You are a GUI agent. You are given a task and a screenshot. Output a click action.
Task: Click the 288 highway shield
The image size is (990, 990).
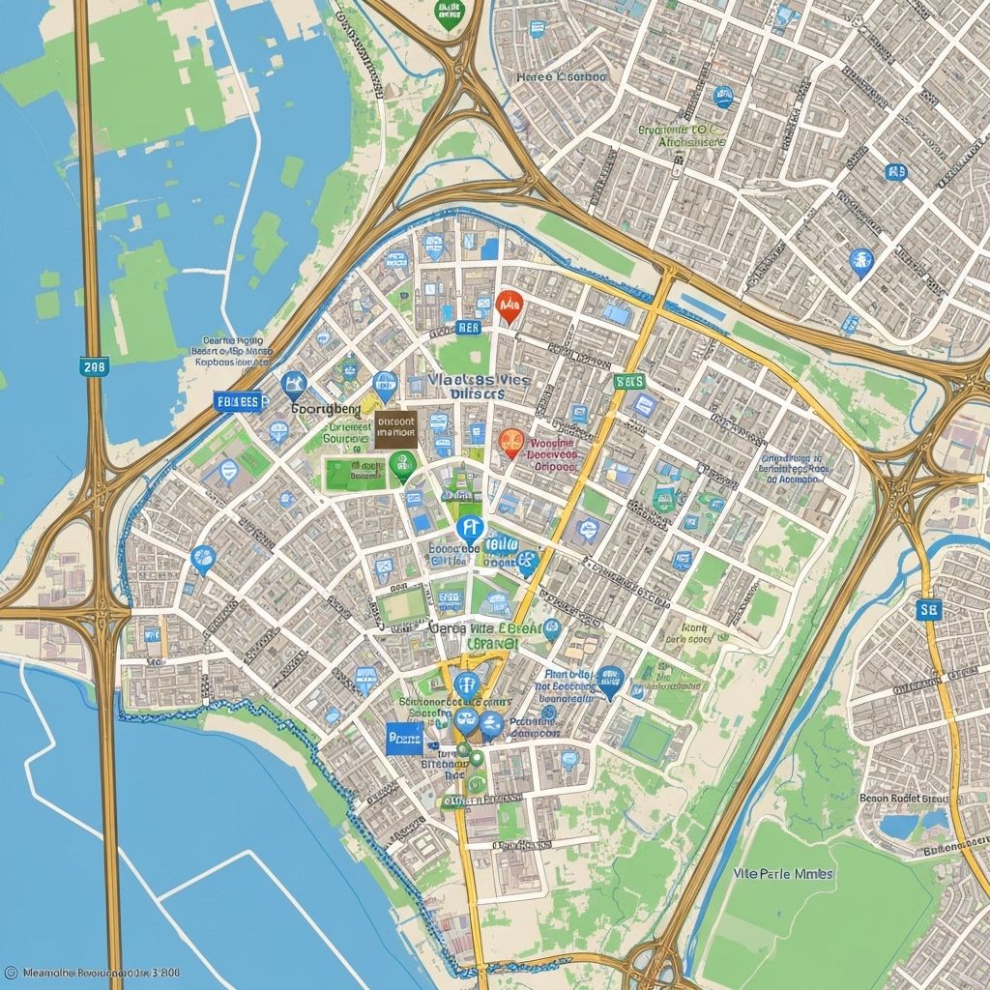pyautogui.click(x=95, y=365)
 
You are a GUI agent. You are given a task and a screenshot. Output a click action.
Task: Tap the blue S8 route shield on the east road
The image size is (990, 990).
pyautogui.click(x=928, y=608)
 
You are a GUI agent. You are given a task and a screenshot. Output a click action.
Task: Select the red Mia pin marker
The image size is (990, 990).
pyautogui.click(x=508, y=306)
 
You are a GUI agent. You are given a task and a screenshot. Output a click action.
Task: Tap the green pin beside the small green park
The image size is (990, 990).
pyautogui.click(x=403, y=466)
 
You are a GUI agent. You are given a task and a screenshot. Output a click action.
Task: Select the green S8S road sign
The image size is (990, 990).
pyautogui.click(x=629, y=382)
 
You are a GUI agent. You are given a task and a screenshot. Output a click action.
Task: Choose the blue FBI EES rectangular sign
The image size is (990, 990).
pyautogui.click(x=238, y=401)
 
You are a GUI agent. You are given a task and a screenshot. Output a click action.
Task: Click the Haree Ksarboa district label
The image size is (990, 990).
pyautogui.click(x=561, y=76)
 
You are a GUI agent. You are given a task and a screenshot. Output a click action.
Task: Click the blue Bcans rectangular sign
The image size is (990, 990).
pyautogui.click(x=404, y=740)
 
